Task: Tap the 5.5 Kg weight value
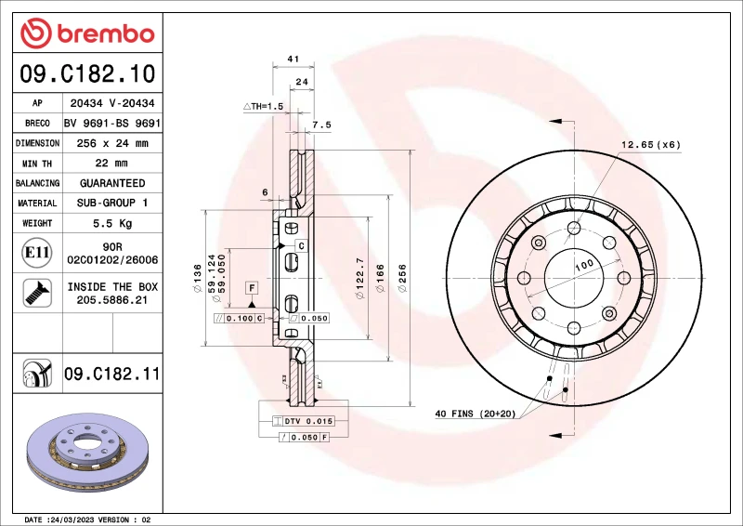click(111, 223)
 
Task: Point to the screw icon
click(36, 294)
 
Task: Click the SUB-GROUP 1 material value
click(111, 203)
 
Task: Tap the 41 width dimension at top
click(293, 59)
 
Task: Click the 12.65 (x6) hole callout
click(650, 144)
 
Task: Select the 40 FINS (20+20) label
click(475, 414)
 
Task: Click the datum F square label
click(251, 288)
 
